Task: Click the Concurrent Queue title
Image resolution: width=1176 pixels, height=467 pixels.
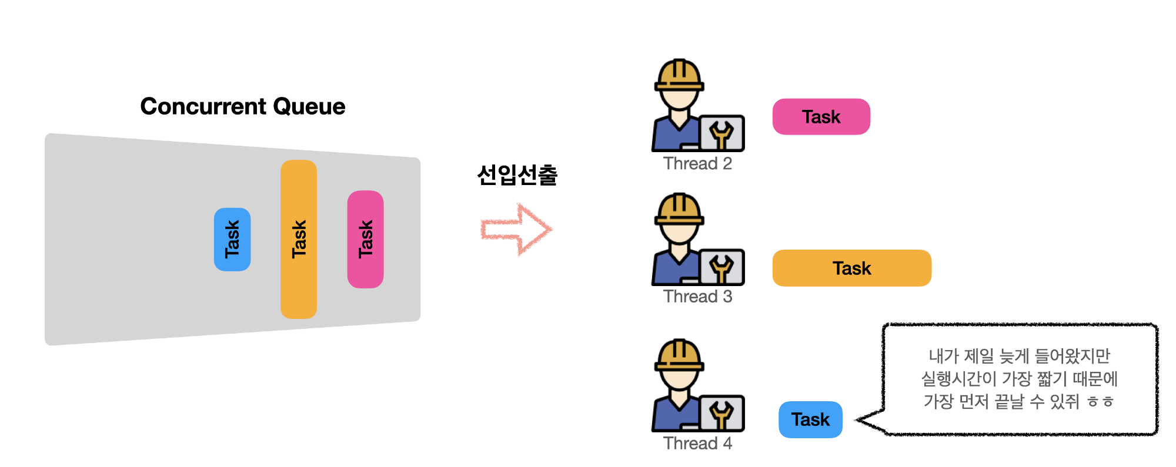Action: coord(242,106)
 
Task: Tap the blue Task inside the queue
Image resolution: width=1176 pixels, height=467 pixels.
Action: coord(232,239)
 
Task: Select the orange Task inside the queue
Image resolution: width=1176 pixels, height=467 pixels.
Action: coord(299,239)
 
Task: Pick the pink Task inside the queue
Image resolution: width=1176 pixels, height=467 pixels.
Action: coord(365,239)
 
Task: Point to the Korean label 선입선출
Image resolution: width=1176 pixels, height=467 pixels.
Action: coord(517,174)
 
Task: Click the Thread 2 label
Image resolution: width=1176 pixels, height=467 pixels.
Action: coord(697,163)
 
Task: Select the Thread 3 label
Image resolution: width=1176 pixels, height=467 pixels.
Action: coord(697,297)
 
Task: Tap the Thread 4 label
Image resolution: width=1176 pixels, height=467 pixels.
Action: coord(697,443)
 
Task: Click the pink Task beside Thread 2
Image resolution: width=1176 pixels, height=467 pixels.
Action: coord(821,117)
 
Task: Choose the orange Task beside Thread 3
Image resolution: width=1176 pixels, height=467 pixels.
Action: coord(851,268)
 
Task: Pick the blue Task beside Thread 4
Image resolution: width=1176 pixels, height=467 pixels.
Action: coord(810,419)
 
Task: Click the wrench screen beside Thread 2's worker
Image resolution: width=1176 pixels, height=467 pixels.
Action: coord(722,133)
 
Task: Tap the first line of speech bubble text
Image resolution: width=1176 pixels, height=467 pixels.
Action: coord(1019,356)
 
